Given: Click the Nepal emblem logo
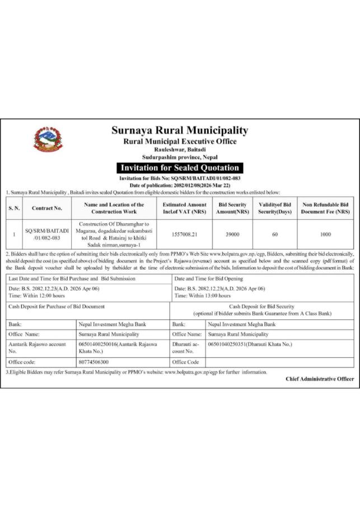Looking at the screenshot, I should pyautogui.click(x=48, y=140).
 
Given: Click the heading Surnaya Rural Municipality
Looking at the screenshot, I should pyautogui.click(x=180, y=130).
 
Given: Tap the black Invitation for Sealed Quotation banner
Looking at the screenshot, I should pyautogui.click(x=180, y=168).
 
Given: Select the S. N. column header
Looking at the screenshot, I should pyautogui.click(x=14, y=209).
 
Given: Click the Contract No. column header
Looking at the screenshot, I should pyautogui.click(x=47, y=209).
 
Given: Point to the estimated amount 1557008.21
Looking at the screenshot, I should pyautogui.click(x=184, y=234).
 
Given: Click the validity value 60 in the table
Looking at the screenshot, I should pyautogui.click(x=275, y=234).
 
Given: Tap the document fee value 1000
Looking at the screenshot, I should pyautogui.click(x=325, y=234).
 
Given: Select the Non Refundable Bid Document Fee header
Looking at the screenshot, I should pyautogui.click(x=325, y=209).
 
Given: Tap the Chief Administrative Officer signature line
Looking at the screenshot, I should pyautogui.click(x=319, y=379).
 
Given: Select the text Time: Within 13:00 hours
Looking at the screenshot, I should pyautogui.click(x=203, y=295).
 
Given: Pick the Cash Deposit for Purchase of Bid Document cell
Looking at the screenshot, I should pyautogui.click(x=57, y=307).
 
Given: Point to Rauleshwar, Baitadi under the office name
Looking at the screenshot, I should pyautogui.click(x=180, y=150).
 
